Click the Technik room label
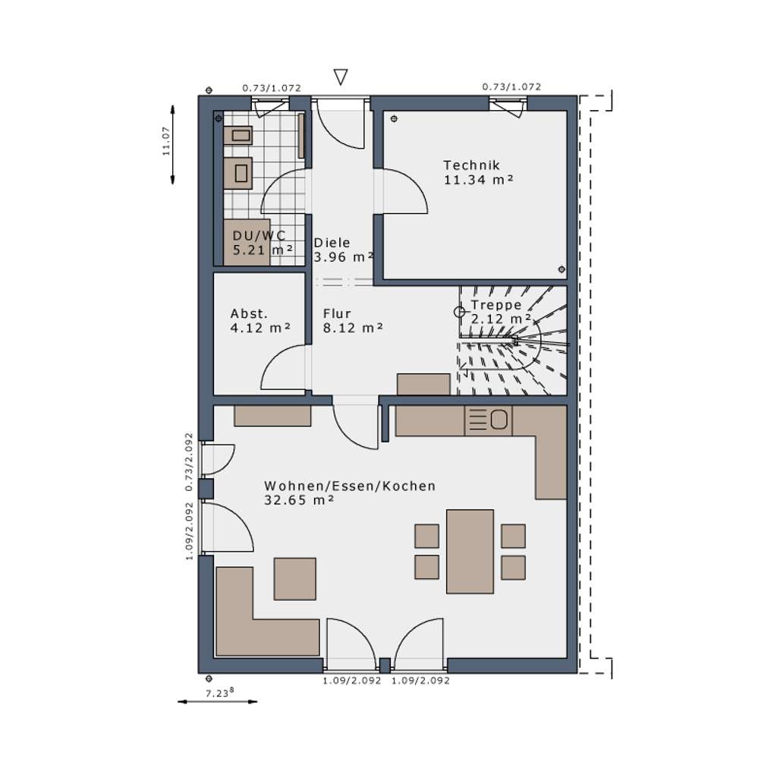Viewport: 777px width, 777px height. tap(471, 165)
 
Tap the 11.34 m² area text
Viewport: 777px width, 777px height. tap(479, 180)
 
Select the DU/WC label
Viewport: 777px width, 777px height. tap(259, 235)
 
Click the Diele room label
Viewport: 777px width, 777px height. tap(332, 243)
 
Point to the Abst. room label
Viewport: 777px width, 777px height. tap(249, 313)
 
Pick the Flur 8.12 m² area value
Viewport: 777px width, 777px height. tap(352, 328)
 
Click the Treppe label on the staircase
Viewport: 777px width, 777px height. tap(496, 305)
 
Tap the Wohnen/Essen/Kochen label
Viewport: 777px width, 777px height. tap(350, 486)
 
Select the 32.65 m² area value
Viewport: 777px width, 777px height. tap(300, 500)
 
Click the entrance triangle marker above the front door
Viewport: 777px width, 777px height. tap(341, 77)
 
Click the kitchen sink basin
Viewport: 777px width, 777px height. tap(499, 420)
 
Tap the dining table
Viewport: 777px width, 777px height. tap(470, 551)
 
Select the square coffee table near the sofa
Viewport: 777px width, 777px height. tap(295, 578)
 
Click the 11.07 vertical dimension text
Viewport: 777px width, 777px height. tap(166, 142)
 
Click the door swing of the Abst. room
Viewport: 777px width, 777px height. tap(282, 367)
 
